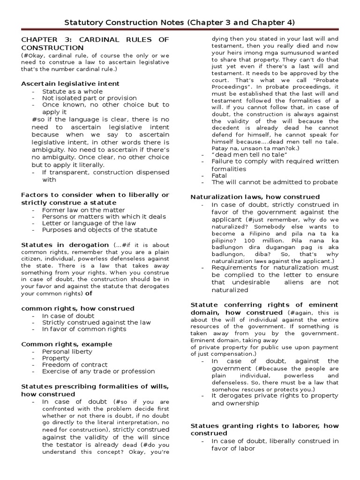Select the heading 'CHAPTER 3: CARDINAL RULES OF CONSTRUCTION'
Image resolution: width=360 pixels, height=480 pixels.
95,44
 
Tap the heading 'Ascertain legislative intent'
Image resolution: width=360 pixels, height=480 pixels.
70,83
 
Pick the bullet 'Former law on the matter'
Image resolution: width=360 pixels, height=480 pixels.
83,210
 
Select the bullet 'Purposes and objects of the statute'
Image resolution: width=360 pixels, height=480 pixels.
99,230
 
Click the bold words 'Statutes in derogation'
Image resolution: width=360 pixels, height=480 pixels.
65,245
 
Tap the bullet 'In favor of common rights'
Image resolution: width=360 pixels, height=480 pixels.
84,329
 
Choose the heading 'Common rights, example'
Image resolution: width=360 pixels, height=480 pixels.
67,344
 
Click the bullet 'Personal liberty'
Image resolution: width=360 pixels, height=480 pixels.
67,352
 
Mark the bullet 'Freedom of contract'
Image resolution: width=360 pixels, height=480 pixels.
75,365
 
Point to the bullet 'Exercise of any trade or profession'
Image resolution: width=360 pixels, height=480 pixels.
98,371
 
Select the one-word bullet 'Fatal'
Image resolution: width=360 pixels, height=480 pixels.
219,175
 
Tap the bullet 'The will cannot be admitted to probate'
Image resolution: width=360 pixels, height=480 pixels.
274,182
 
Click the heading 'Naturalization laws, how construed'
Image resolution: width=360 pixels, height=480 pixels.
255,197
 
